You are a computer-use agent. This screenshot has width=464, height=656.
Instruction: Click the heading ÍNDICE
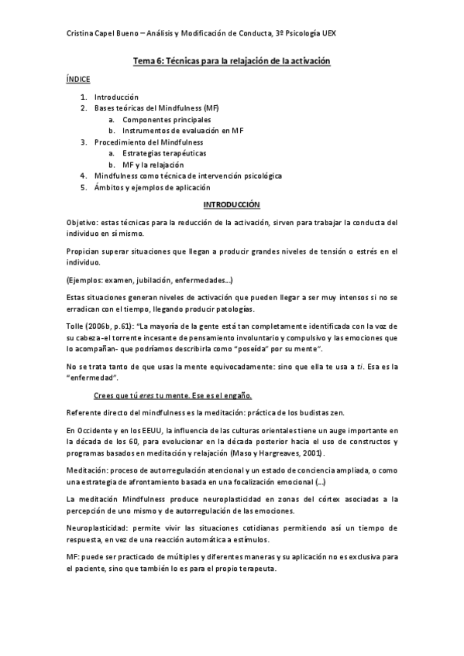[77, 79]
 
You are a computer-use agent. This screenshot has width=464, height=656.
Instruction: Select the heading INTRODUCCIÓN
[231, 205]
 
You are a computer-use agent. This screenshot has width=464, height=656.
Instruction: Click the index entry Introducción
[115, 97]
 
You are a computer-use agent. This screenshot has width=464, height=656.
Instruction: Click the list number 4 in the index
[83, 176]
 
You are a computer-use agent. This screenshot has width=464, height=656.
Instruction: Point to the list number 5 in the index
[83, 187]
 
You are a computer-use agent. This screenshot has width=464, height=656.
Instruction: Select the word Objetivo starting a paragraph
[82, 222]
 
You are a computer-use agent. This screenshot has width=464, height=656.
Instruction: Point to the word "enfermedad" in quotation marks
[93, 378]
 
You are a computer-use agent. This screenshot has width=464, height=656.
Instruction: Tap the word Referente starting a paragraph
[84, 412]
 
